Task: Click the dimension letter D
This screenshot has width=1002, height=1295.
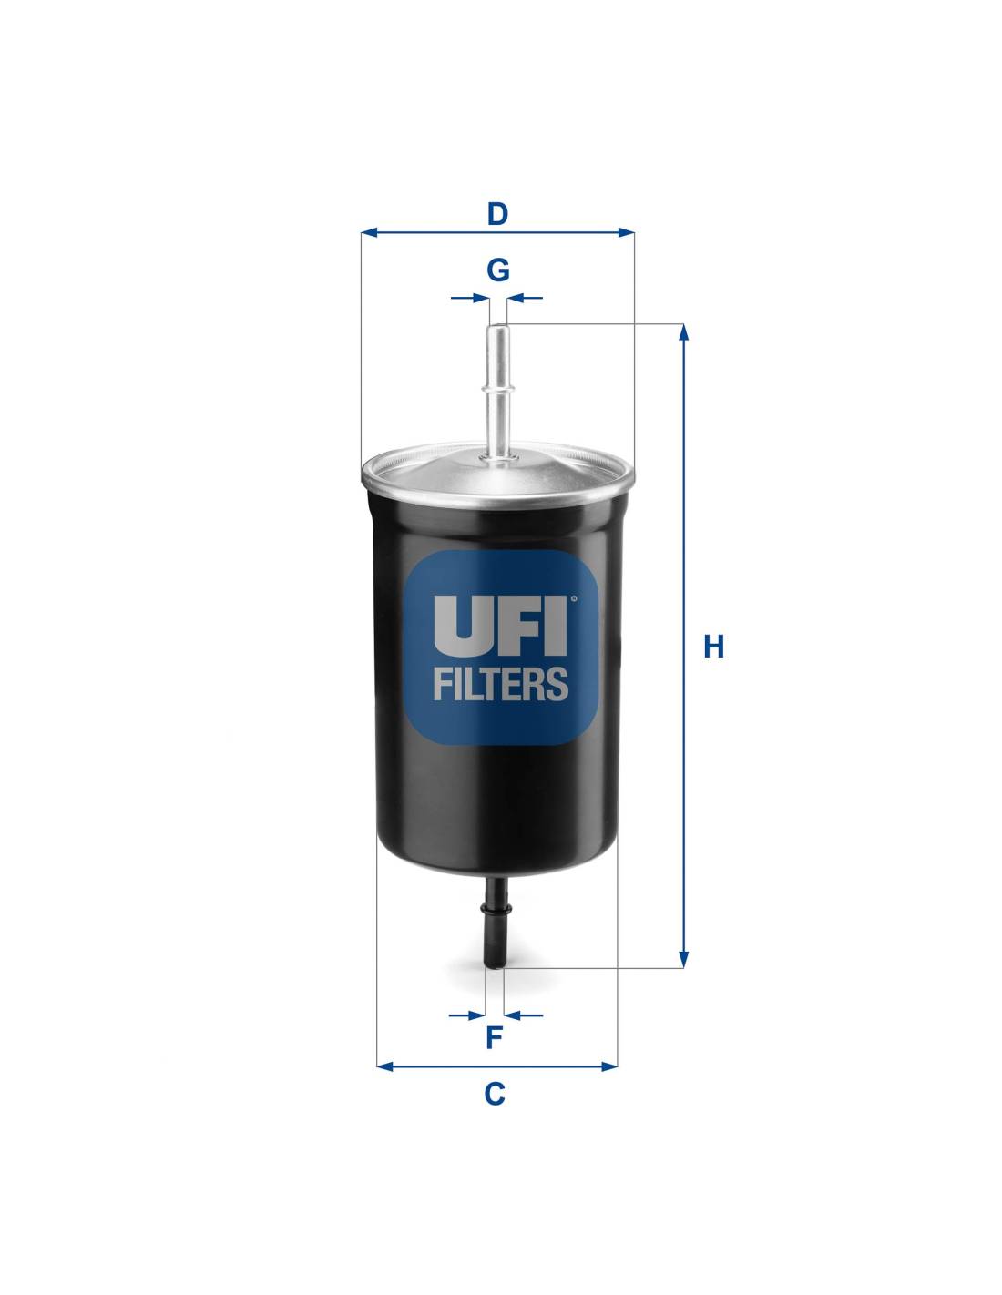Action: [497, 214]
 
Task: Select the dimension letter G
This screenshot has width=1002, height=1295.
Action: [497, 270]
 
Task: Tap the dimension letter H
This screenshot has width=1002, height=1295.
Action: [713, 647]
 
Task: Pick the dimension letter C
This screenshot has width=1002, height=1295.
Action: [495, 1094]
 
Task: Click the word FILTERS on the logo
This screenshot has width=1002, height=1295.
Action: [500, 684]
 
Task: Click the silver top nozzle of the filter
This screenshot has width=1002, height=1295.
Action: [498, 392]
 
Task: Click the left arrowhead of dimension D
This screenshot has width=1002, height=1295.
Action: [370, 232]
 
